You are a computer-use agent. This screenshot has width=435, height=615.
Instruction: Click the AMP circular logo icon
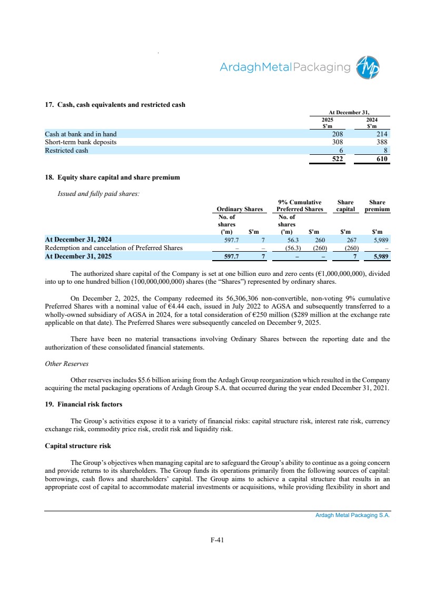coord(368,67)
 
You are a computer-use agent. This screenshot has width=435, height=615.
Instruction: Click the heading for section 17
coord(115,105)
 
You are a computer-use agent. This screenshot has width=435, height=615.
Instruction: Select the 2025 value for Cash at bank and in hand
coord(337,134)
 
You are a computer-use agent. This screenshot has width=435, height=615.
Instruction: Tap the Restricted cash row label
coord(66,151)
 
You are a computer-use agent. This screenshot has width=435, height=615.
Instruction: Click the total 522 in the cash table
coord(336,159)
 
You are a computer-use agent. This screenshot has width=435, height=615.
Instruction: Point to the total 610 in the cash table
coord(381,159)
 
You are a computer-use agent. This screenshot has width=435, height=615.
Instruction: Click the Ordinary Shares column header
coord(240,210)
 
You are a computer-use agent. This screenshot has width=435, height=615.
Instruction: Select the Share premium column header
coord(378,205)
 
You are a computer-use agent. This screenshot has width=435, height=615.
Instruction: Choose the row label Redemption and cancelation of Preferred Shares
coord(114,248)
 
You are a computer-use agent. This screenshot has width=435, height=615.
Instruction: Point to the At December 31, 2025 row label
coord(78,256)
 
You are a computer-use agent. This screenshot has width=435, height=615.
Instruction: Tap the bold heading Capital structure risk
coord(77,446)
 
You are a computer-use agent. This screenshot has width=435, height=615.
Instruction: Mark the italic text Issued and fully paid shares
coord(98,193)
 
